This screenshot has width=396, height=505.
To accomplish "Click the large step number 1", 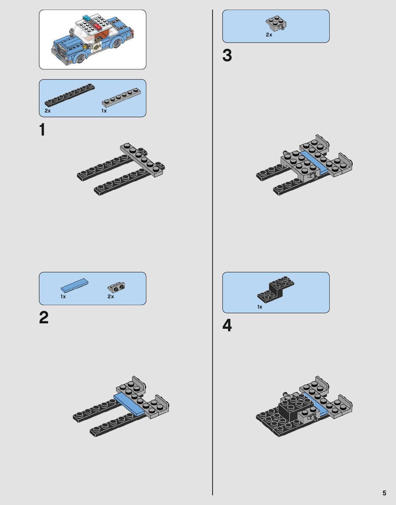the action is pos(42,129).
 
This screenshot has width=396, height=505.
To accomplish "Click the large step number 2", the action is pos(44,318).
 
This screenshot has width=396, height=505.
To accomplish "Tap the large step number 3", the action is pos(227,55).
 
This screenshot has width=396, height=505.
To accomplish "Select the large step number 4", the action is pos(227,325).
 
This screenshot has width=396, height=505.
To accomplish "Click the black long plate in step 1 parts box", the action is pos(70,95).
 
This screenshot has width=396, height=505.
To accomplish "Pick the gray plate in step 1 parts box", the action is pos(121,98).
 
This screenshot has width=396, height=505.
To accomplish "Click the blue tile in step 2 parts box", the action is pos(74,285).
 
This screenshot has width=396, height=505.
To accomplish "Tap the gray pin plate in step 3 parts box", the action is pos(276,23).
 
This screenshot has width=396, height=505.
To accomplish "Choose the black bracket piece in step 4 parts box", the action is pos(276,288).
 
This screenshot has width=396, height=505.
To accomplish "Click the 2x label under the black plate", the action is pos(47,111).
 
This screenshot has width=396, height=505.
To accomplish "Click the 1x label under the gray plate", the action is pos(104,111).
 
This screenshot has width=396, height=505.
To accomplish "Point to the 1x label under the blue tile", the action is pos(63,297).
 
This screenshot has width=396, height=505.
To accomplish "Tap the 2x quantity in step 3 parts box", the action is pos(269,35).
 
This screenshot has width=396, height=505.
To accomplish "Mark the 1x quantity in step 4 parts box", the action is pos(259,307).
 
